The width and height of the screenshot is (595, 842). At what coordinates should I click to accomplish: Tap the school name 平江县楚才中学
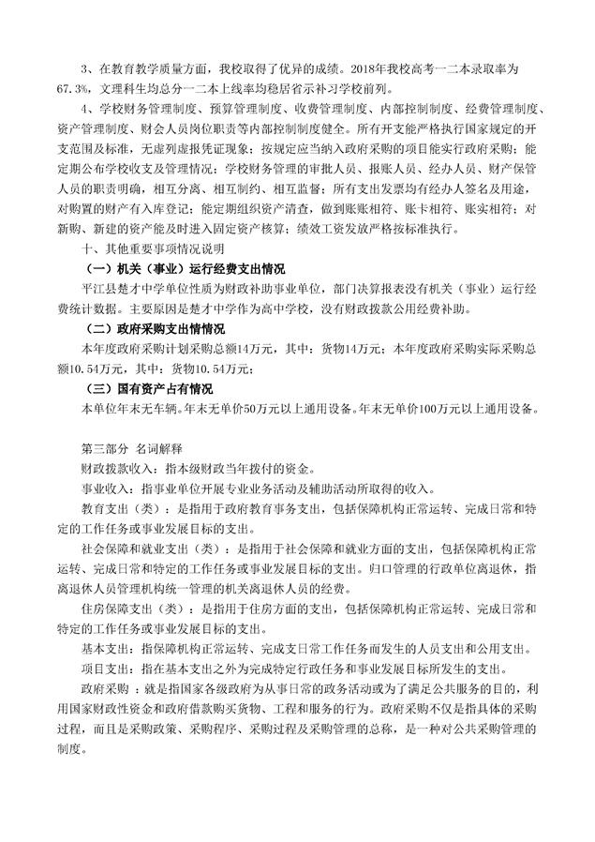point(118,289)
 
